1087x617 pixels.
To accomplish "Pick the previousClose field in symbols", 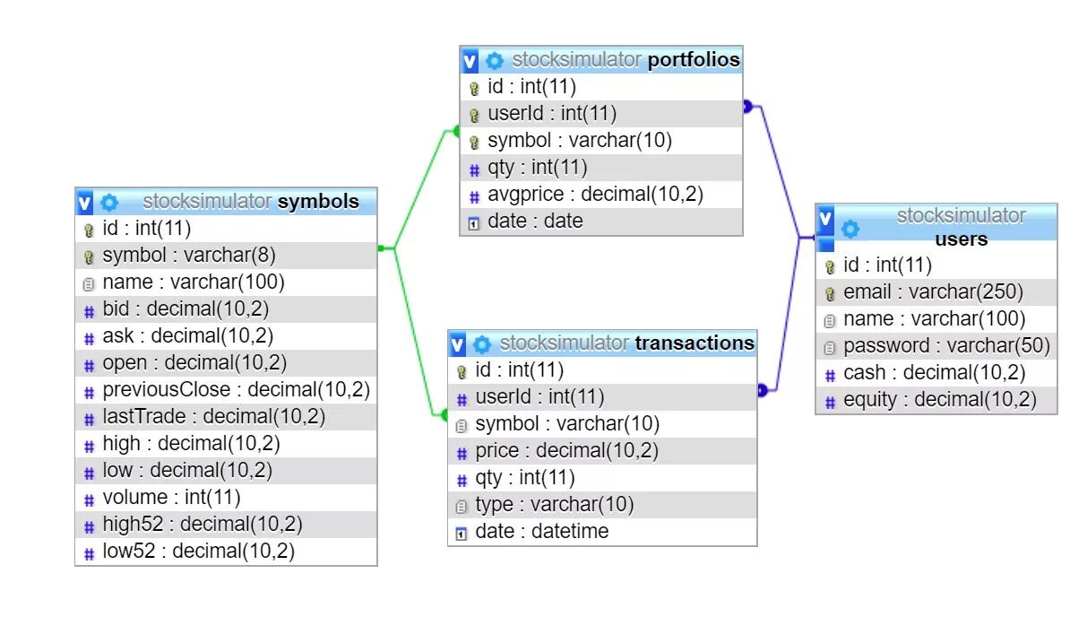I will pyautogui.click(x=236, y=390).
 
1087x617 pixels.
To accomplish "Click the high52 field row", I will pyautogui.click(x=203, y=525).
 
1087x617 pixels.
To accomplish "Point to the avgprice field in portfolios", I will pyautogui.click(x=595, y=195).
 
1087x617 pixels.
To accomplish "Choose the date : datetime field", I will pyautogui.click(x=541, y=532).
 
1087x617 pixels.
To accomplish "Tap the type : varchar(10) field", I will pyautogui.click(x=554, y=505).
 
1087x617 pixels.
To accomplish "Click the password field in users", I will pyautogui.click(x=945, y=346).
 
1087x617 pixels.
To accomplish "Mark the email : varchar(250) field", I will pyautogui.click(x=933, y=292).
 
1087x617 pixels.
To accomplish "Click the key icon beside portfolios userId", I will pyautogui.click(x=474, y=115).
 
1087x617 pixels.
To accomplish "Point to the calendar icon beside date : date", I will pyautogui.click(x=474, y=222).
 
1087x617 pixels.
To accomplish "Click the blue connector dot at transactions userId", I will pyautogui.click(x=763, y=390).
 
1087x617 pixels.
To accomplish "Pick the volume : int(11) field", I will pyautogui.click(x=171, y=498).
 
